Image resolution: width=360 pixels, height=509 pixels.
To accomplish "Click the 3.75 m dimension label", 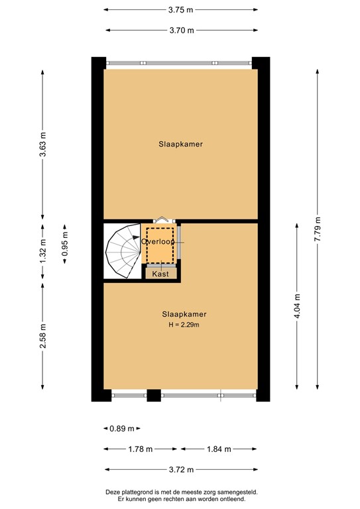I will pos(180,10).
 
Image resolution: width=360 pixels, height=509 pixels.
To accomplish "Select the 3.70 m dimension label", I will pos(180,30).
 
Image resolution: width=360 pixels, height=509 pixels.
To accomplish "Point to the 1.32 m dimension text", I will pos(42,252).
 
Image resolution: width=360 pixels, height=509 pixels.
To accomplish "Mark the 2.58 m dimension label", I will pos(42,337).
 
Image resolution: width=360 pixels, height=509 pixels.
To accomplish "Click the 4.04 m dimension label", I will pos(296,306).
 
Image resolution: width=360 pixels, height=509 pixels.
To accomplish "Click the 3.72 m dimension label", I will pos(180,470).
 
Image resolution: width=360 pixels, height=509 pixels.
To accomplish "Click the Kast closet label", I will pos(160,273).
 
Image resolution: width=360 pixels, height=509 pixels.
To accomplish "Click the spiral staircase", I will pos(123,251).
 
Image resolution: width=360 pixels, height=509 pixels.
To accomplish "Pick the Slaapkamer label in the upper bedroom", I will pos(180,143).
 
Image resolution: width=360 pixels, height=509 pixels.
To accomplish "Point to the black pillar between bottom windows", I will pos(154,395).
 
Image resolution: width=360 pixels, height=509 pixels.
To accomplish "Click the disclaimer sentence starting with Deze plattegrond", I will pos(180,492).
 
